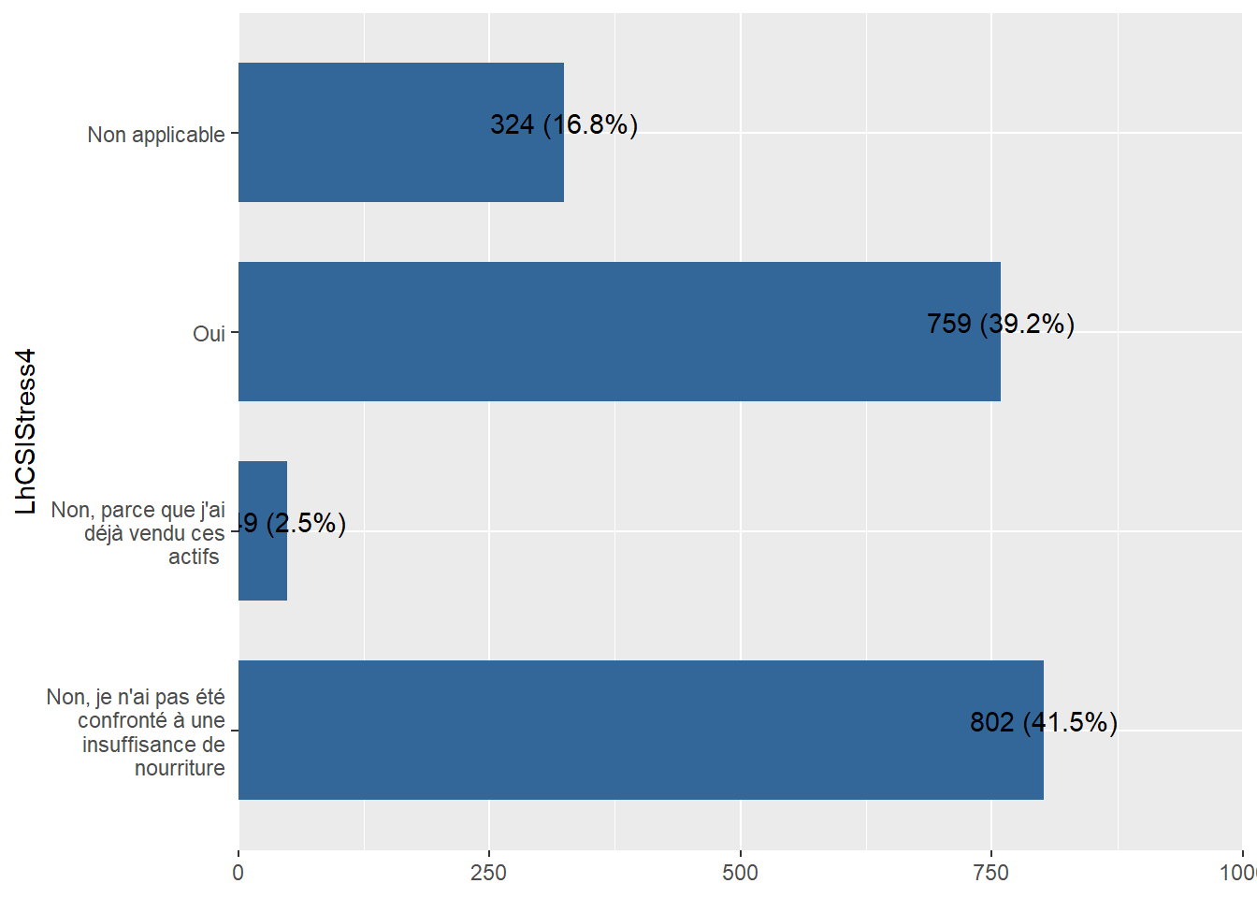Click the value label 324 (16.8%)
pyautogui.click(x=563, y=124)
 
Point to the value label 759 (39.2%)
pyautogui.click(x=1000, y=324)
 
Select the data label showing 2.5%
pyautogui.click(x=292, y=523)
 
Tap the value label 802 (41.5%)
pyautogui.click(x=1043, y=722)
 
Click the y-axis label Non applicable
pyautogui.click(x=156, y=135)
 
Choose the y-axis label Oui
pyautogui.click(x=209, y=334)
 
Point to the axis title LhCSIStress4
pyautogui.click(x=26, y=431)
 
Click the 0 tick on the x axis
pyautogui.click(x=238, y=873)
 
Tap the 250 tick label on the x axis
pyautogui.click(x=489, y=873)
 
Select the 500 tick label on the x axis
pyautogui.click(x=740, y=873)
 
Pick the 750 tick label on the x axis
pyautogui.click(x=991, y=873)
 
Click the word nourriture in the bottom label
pyautogui.click(x=180, y=768)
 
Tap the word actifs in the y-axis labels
pyautogui.click(x=194, y=557)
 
